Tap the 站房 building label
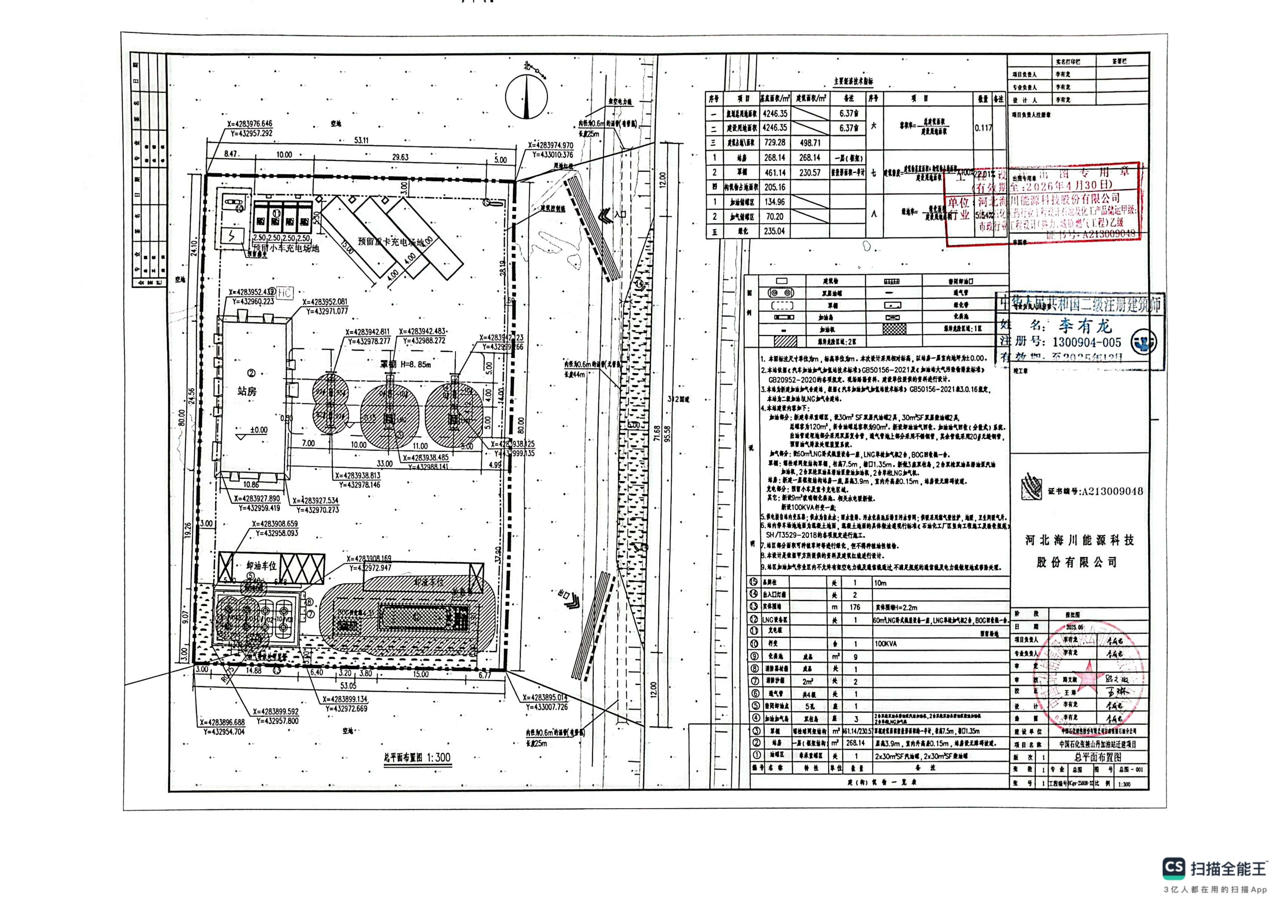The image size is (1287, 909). pyautogui.click(x=247, y=391)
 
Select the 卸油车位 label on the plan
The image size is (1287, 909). pyautogui.click(x=262, y=566)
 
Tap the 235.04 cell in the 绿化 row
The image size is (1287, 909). pyautogui.click(x=774, y=231)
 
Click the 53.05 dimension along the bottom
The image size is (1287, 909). pyautogui.click(x=348, y=685)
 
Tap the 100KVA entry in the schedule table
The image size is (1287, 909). pyautogui.click(x=885, y=644)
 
